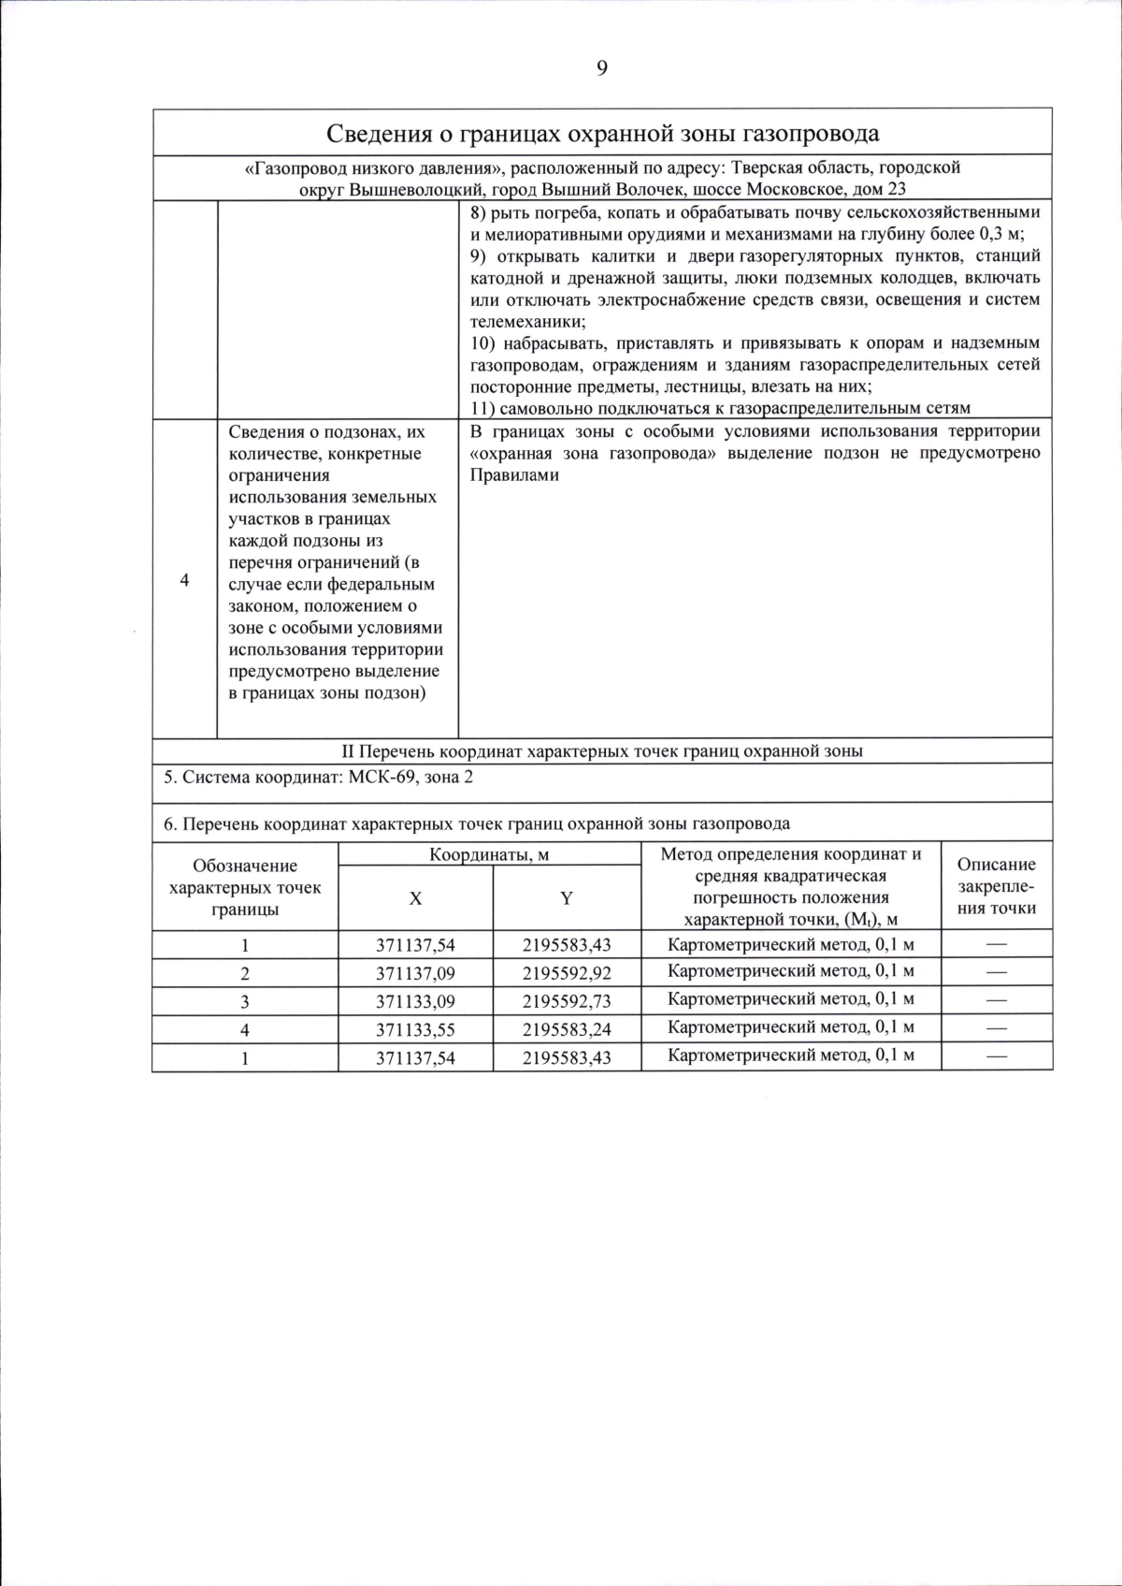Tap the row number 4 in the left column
184,580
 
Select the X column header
415,898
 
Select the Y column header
566,898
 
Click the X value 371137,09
415,973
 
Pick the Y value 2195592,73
567,1001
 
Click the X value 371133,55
415,1029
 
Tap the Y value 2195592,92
567,973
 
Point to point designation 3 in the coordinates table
245,1001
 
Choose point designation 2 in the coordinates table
245,973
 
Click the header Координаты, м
489,854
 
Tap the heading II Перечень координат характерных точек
601,750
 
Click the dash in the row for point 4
997,1028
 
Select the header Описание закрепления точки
997,886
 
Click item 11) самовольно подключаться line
720,408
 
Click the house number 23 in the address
896,189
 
